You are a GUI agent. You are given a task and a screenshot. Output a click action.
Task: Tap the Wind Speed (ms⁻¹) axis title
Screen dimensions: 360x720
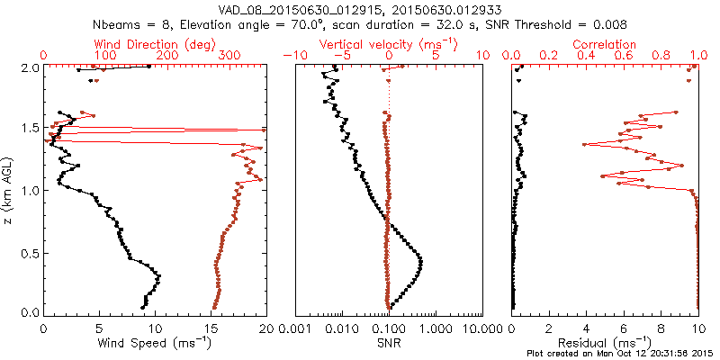pyautogui.click(x=155, y=344)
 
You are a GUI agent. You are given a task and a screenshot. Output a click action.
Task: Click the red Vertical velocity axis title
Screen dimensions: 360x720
pyautogui.click(x=388, y=44)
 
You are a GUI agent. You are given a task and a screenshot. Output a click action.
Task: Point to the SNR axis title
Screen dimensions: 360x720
pyautogui.click(x=388, y=344)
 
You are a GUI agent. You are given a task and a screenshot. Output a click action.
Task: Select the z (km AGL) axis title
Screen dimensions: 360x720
pyautogui.click(x=10, y=190)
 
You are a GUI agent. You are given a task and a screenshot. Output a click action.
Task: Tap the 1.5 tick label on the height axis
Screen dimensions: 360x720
pyautogui.click(x=30, y=128)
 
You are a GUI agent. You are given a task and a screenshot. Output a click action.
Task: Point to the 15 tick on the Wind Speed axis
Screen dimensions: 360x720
pyautogui.click(x=210, y=328)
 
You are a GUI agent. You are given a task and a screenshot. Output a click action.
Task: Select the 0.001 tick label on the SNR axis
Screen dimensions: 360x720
pyautogui.click(x=296, y=328)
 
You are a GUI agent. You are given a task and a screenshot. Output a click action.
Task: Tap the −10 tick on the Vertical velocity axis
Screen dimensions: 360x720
pyautogui.click(x=291, y=56)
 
